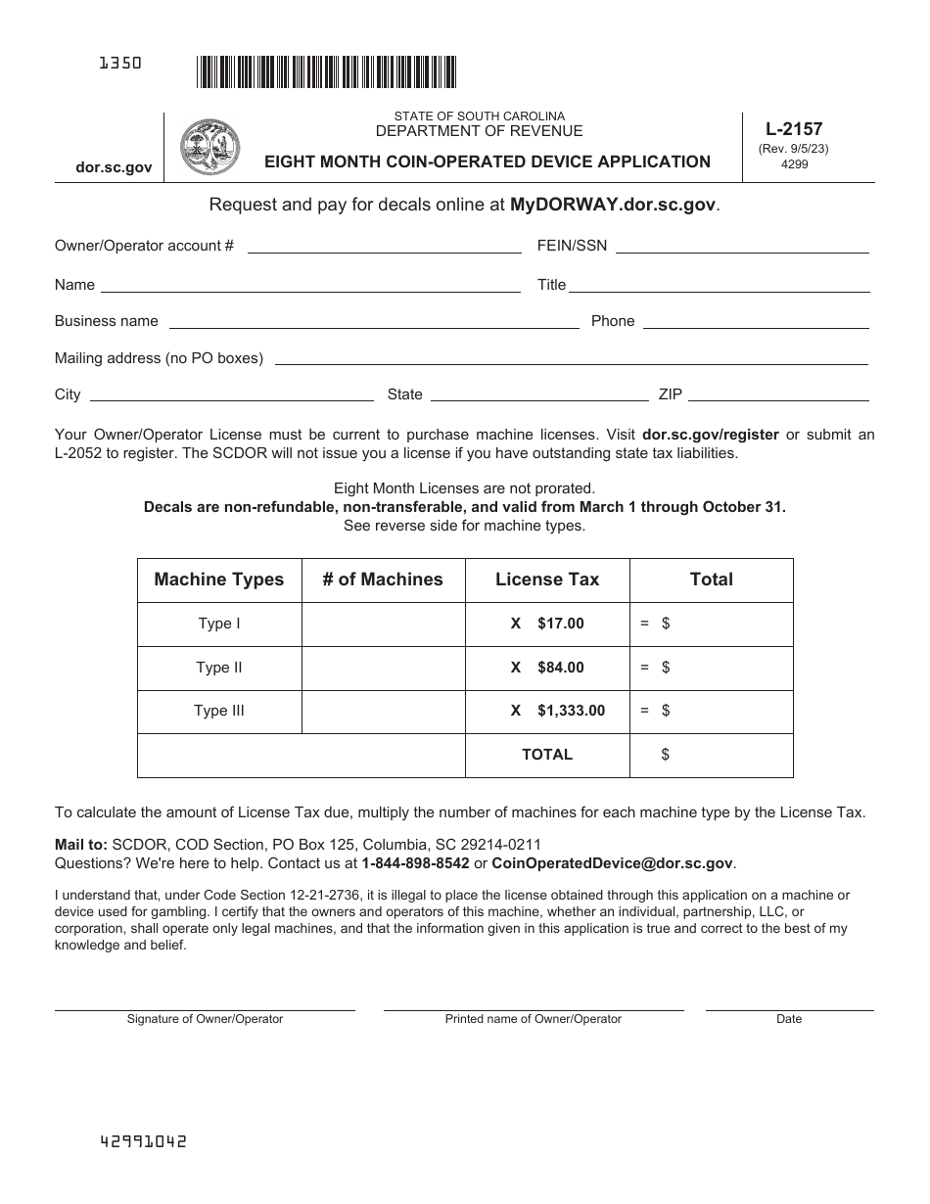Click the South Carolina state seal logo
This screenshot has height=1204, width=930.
pos(209,147)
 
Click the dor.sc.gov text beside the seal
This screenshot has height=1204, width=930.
pos(114,167)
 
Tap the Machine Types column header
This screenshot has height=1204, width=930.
pos(219,579)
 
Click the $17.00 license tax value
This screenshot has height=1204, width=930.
pos(560,624)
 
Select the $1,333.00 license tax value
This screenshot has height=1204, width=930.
pos(571,711)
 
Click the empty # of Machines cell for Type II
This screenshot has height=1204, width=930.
pos(383,668)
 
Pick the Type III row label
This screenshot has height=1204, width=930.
pos(219,711)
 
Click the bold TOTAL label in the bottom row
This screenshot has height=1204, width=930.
pos(547,755)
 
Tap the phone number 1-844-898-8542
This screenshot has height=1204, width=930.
pos(415,863)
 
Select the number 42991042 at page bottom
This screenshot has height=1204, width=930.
pos(144,1141)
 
